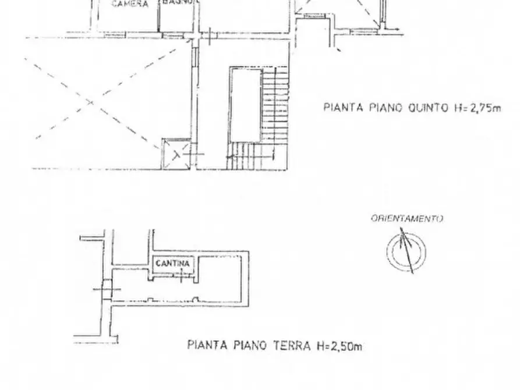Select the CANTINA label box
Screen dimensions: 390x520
tap(172, 263)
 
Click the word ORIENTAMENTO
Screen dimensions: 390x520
tap(406, 219)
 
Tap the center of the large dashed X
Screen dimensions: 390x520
tap(91, 102)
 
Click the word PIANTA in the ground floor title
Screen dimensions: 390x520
tap(206, 345)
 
